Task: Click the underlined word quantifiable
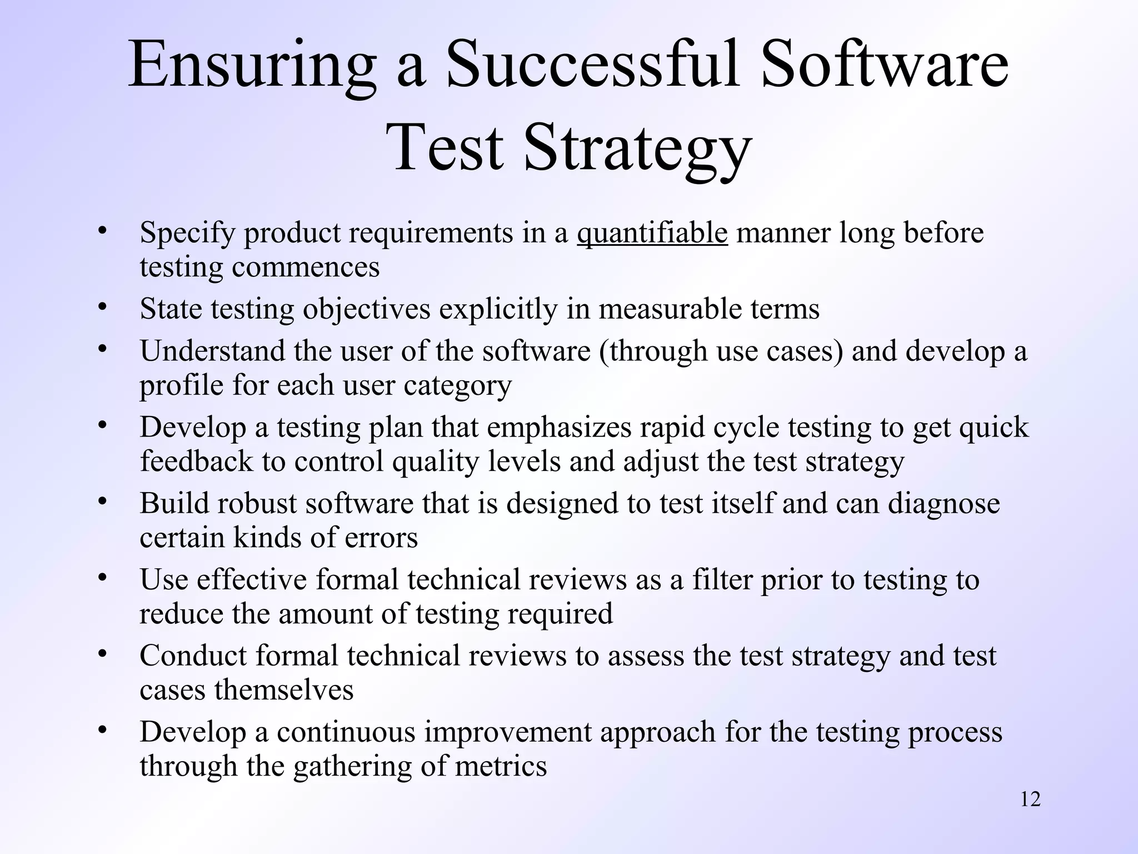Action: (x=652, y=233)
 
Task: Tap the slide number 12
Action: (x=1030, y=800)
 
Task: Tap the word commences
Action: (x=306, y=267)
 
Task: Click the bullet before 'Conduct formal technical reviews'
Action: (x=101, y=653)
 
